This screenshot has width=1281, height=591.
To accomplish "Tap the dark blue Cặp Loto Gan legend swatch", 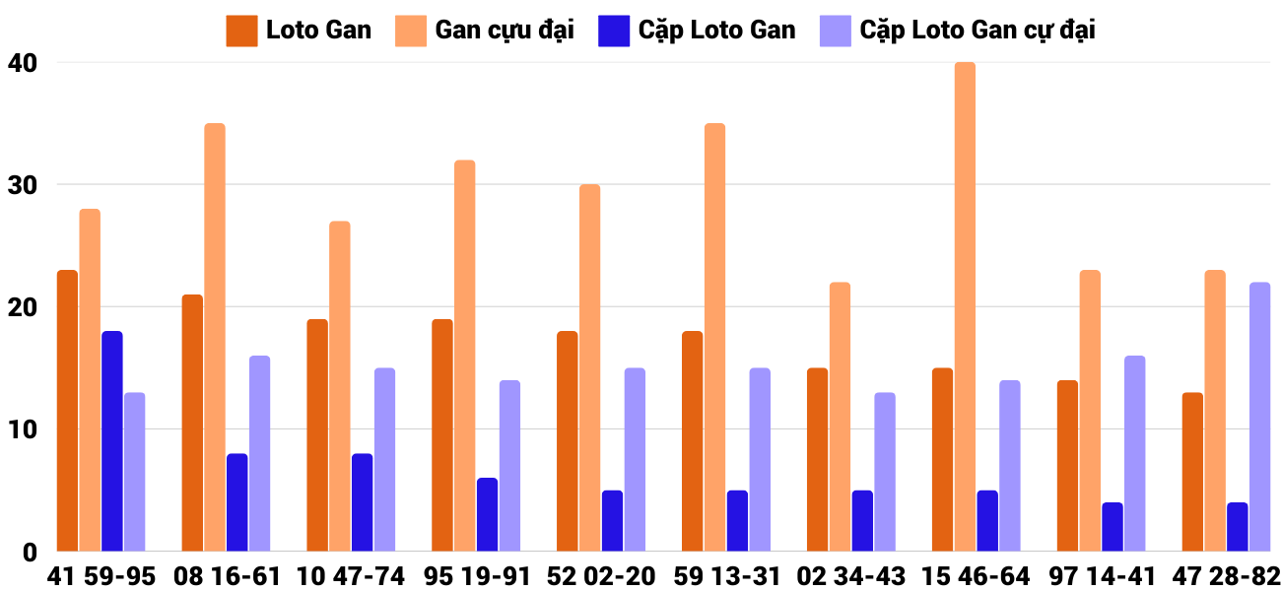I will point(613,31).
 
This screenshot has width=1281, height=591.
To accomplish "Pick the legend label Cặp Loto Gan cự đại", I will point(977,30).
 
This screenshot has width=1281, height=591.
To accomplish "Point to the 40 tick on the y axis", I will point(23,63).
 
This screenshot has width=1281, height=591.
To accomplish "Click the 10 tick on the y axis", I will point(23,429).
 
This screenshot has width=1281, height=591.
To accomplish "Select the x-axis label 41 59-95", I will point(101,575).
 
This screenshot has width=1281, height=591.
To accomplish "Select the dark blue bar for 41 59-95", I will point(112,441).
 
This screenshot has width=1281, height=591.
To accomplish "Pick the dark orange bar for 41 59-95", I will point(67,411).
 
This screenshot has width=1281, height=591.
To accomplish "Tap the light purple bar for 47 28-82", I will point(1260,417).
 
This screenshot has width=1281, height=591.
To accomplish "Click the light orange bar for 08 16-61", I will point(215,337).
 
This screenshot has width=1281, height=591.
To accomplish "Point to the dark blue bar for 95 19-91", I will point(488,514).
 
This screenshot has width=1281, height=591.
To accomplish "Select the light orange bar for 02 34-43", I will point(840,417).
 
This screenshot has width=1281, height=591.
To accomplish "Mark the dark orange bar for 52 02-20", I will point(568,441).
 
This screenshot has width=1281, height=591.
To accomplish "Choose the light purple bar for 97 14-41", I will point(1135,453).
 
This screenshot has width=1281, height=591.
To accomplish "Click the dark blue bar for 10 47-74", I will point(363,502).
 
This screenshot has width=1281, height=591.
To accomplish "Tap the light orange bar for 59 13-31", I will point(714,337).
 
